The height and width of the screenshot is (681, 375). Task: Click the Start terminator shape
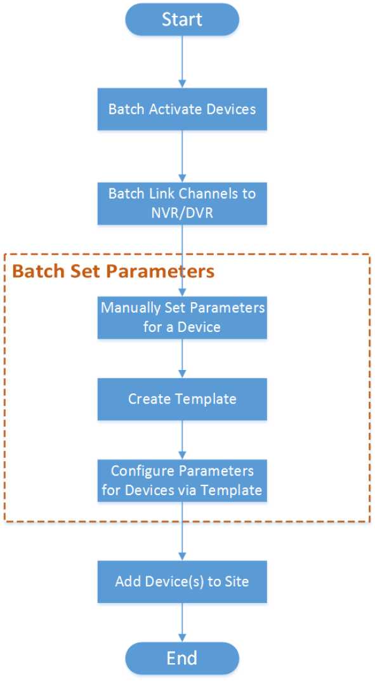tap(182, 20)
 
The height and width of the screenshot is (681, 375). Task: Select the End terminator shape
tap(182, 658)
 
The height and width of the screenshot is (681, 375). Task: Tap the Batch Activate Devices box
tap(182, 109)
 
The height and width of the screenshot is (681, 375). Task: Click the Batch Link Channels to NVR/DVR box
tap(182, 203)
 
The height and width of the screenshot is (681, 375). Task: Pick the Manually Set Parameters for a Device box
tap(182, 317)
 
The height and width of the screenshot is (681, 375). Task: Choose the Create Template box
tap(182, 399)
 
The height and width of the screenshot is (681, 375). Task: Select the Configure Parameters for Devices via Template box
tap(182, 480)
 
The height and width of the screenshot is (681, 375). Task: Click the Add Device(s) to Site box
tap(182, 581)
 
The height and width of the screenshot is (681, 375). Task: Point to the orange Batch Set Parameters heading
tap(114, 271)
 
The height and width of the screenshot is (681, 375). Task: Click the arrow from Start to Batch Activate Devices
tap(182, 62)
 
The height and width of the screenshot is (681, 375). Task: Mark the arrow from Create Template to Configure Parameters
tap(182, 440)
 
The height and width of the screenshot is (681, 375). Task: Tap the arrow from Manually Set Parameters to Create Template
tap(182, 359)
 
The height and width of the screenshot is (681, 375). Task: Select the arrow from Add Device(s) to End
tap(182, 623)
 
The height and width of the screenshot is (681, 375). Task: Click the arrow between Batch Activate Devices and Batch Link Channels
tap(182, 156)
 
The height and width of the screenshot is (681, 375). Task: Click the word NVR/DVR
tap(182, 213)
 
